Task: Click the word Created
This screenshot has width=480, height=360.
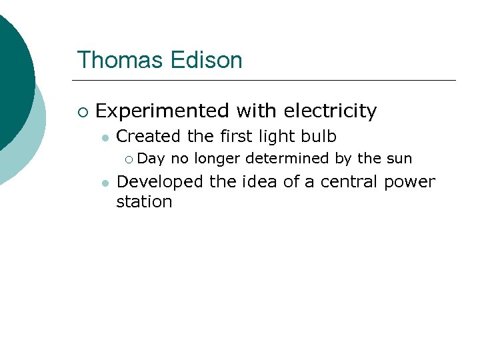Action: pos(149,137)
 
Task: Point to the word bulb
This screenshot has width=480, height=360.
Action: pos(319,137)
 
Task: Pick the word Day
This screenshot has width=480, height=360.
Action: pos(152,159)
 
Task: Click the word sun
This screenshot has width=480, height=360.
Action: pos(399,159)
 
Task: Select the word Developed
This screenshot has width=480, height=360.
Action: pos(160,182)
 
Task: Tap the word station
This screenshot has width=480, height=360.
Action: pos(144,202)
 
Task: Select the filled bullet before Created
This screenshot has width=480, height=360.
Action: pos(104,138)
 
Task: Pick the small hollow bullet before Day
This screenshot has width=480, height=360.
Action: pos(129,159)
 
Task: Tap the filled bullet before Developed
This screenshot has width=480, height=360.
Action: pos(104,183)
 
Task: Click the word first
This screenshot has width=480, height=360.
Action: pos(236,137)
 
